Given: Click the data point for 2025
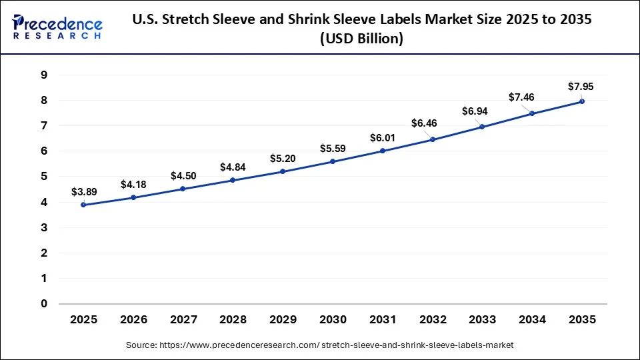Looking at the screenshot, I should point(83,205).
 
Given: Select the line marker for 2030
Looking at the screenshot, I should point(333,161).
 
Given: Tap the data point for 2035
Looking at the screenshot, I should point(582,101).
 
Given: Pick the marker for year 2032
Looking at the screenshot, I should point(433,139).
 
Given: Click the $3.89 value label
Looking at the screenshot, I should point(84,192).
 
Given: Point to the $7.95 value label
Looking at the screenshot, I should point(580,87).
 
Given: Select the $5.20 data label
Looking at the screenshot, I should point(283,159).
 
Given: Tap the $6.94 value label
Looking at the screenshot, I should point(475,111).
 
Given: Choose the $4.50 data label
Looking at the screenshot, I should point(183,176).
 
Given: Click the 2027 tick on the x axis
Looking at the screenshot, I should point(183,320).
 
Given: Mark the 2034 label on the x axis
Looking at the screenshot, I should point(532,320).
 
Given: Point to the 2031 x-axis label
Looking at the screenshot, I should point(383,320).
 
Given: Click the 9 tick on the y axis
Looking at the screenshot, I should point(43,75).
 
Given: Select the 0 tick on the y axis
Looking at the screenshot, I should point(43,304).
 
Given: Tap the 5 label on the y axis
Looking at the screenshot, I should point(43,177).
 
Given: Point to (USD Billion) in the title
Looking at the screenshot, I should point(362,39).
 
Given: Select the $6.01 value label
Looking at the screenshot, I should point(383,138).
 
